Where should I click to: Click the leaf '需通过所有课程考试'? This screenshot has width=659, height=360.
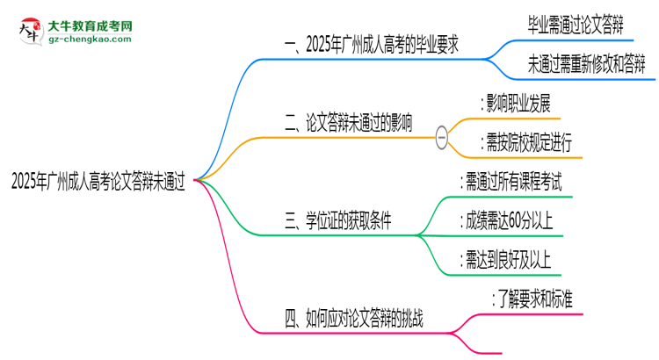tap(512, 183)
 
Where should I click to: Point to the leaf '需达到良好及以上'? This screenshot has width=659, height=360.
tap(508, 259)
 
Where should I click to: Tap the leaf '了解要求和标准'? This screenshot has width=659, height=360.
tap(535, 299)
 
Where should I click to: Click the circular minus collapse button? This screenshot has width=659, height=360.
tap(442, 135)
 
